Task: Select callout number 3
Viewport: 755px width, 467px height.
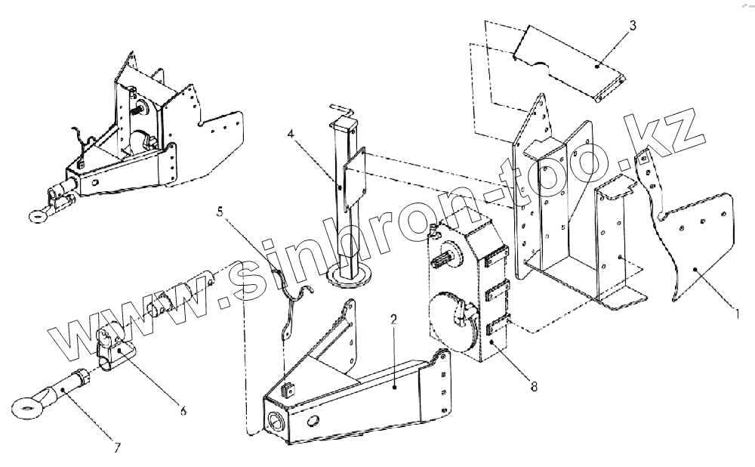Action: (633, 25)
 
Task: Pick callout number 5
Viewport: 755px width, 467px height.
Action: (220, 213)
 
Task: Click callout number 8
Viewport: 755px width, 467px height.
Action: (535, 386)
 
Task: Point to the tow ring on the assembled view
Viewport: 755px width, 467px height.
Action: (35, 218)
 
